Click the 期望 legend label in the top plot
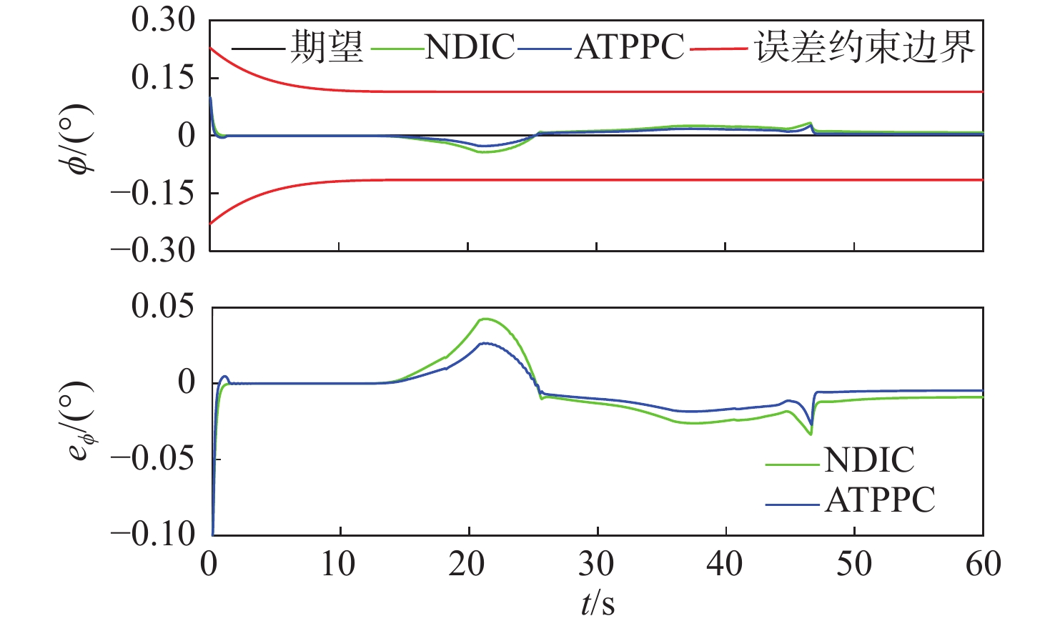click(327, 47)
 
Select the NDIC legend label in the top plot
click(470, 47)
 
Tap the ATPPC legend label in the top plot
click(630, 47)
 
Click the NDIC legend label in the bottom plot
click(869, 460)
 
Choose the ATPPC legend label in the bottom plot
click(880, 500)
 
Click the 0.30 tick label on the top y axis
click(163, 20)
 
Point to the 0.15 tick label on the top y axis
click(163, 78)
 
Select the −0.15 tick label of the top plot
click(153, 193)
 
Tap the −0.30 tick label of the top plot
click(153, 251)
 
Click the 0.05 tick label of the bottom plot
click(163, 307)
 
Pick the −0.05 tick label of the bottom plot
click(153, 458)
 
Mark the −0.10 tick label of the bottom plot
click(153, 534)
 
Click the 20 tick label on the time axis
click(467, 565)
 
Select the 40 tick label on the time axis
click(725, 565)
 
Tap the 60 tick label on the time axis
click(983, 565)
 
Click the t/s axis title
click(597, 604)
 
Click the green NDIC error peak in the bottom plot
click(485, 319)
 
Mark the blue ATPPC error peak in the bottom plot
click(485, 343)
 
